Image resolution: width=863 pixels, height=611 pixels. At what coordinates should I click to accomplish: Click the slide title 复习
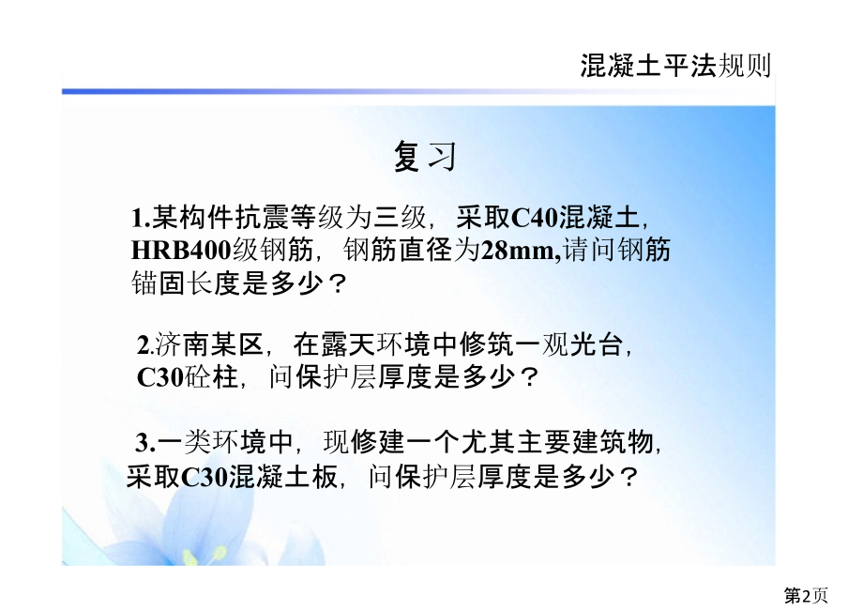(425, 157)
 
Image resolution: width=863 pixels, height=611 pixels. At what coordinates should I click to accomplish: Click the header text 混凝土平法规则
(675, 66)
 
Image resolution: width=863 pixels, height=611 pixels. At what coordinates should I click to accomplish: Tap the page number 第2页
(806, 595)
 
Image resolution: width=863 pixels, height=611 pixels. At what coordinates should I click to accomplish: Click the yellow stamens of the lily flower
(191, 556)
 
